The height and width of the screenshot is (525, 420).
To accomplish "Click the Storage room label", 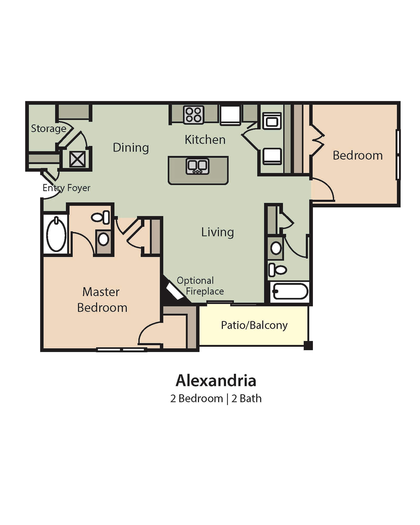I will click(49, 129).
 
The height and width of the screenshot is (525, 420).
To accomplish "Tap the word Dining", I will click(131, 148).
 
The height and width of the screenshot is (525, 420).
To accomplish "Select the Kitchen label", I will click(205, 140).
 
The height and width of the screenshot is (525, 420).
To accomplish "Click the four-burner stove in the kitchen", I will click(193, 114).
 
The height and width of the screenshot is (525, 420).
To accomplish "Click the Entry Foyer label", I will click(66, 188).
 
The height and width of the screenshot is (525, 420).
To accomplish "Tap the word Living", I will click(217, 232).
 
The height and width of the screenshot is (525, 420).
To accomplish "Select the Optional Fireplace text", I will click(200, 286).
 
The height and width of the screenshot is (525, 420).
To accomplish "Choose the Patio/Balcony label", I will click(254, 325).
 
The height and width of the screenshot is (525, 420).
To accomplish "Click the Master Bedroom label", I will click(102, 300).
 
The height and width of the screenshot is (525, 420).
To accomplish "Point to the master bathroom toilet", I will click(101, 217).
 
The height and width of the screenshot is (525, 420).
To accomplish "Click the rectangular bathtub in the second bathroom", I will click(290, 291).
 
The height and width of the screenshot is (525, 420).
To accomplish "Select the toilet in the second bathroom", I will click(278, 270).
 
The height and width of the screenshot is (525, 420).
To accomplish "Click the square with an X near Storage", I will click(77, 159).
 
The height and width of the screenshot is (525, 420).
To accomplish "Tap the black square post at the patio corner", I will click(308, 345).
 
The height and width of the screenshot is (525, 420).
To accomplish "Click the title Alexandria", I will click(216, 381).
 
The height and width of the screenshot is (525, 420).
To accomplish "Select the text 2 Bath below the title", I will click(246, 398).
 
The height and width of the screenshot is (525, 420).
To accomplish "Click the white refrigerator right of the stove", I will click(230, 115).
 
